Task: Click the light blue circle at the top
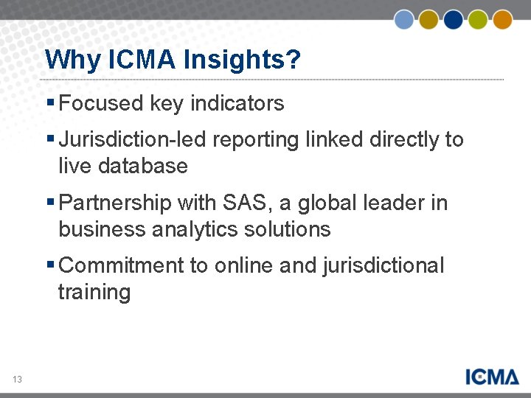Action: pyautogui.click(x=404, y=19)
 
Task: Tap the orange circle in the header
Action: pyautogui.click(x=502, y=19)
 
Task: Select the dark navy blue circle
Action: pyautogui.click(x=453, y=19)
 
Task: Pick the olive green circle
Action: pyautogui.click(x=478, y=19)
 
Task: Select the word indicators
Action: pyautogui.click(x=237, y=103)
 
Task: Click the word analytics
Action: pyautogui.click(x=196, y=229)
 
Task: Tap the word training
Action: pyautogui.click(x=94, y=293)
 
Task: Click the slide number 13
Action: pyautogui.click(x=17, y=380)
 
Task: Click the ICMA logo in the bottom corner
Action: pyautogui.click(x=492, y=376)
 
